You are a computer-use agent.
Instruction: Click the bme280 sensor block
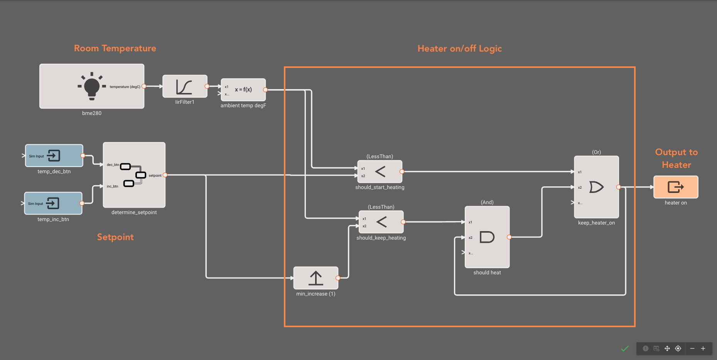point(92,86)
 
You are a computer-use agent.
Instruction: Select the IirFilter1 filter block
point(185,86)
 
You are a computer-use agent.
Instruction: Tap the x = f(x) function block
point(243,90)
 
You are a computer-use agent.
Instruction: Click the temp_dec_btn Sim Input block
point(54,155)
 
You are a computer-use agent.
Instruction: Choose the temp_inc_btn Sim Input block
point(53,203)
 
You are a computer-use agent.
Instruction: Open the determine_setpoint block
point(134,175)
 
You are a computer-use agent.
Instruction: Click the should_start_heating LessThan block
point(380,172)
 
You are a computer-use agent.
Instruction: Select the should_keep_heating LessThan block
point(381,222)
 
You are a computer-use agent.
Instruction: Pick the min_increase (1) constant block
point(315,278)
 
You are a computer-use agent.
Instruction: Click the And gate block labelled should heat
point(487,237)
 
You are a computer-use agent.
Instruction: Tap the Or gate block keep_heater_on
point(596,187)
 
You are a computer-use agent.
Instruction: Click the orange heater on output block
point(676,187)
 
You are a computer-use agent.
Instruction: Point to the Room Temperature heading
point(115,48)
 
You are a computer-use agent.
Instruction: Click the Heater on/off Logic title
point(459,49)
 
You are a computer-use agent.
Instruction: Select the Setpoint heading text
point(115,237)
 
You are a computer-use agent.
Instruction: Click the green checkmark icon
point(625,348)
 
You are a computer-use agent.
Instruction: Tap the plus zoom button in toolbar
point(703,348)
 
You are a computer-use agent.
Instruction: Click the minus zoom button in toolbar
point(692,348)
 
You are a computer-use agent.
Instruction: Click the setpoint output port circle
point(165,175)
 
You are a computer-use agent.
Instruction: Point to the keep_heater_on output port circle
point(619,187)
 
